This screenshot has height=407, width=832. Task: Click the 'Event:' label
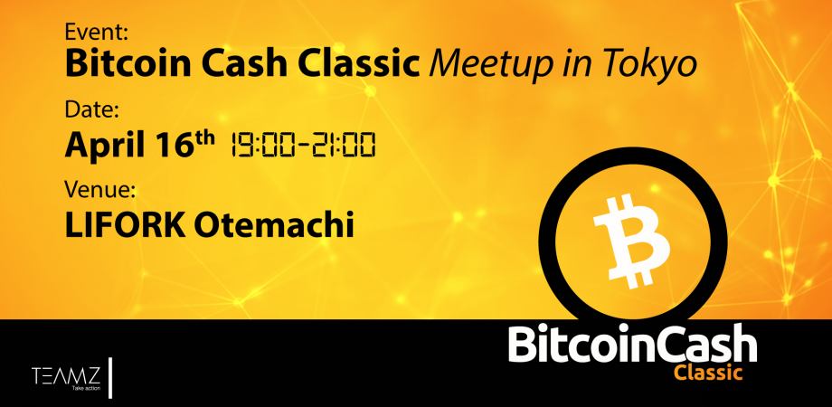96,33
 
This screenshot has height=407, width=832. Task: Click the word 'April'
104,145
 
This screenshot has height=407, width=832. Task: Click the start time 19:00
258,145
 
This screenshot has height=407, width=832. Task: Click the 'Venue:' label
100,189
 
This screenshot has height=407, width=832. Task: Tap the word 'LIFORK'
125,225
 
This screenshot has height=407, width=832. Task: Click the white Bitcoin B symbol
631,241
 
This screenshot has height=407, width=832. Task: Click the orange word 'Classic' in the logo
708,372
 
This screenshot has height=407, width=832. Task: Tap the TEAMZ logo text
66,375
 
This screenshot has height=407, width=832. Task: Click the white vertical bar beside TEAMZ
110,378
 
